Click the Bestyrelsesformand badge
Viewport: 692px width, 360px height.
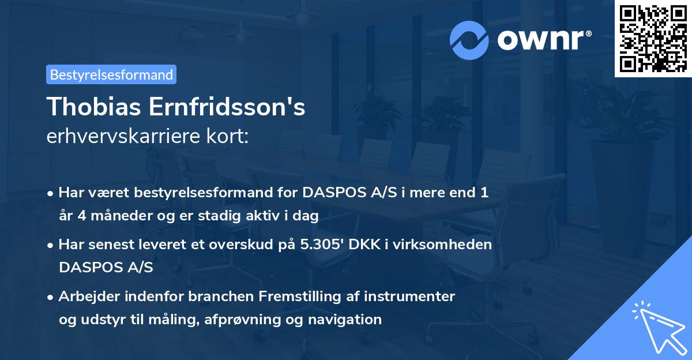(x=111, y=74)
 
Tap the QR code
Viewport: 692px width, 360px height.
(x=653, y=38)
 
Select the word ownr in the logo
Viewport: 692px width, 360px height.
(x=540, y=39)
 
